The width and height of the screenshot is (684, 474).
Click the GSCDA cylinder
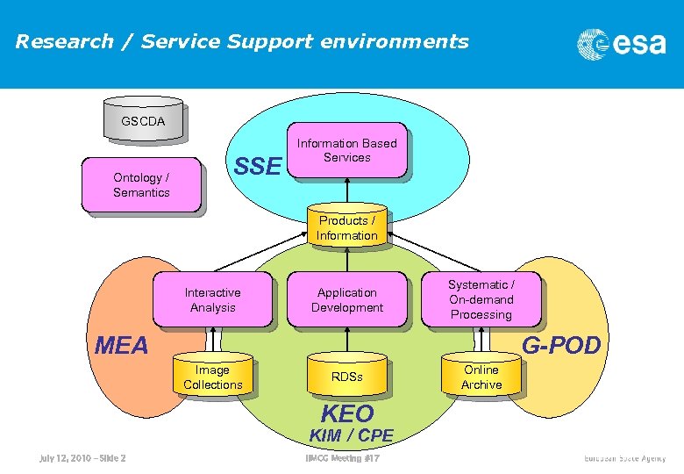click(x=143, y=121)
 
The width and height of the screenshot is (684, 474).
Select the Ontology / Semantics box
click(x=141, y=185)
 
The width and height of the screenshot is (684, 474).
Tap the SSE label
click(x=258, y=166)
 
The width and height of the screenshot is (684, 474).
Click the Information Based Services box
click(x=347, y=150)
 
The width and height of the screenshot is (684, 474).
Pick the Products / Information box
click(x=347, y=228)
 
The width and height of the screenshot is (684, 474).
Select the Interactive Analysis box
click(x=212, y=299)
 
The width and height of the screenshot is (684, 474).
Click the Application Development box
click(x=347, y=299)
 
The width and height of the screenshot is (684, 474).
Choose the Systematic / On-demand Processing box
click(x=481, y=299)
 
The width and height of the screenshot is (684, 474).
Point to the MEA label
click(x=122, y=346)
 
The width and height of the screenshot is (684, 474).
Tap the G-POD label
click(x=561, y=346)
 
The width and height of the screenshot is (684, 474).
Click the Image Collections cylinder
click(x=213, y=376)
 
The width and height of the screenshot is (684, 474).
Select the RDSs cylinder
click(x=347, y=377)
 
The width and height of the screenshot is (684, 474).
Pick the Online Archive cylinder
click(x=481, y=376)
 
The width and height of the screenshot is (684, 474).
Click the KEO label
click(x=347, y=413)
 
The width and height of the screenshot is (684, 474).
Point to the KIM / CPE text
click(x=351, y=435)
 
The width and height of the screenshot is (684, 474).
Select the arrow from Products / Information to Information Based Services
click(x=348, y=192)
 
